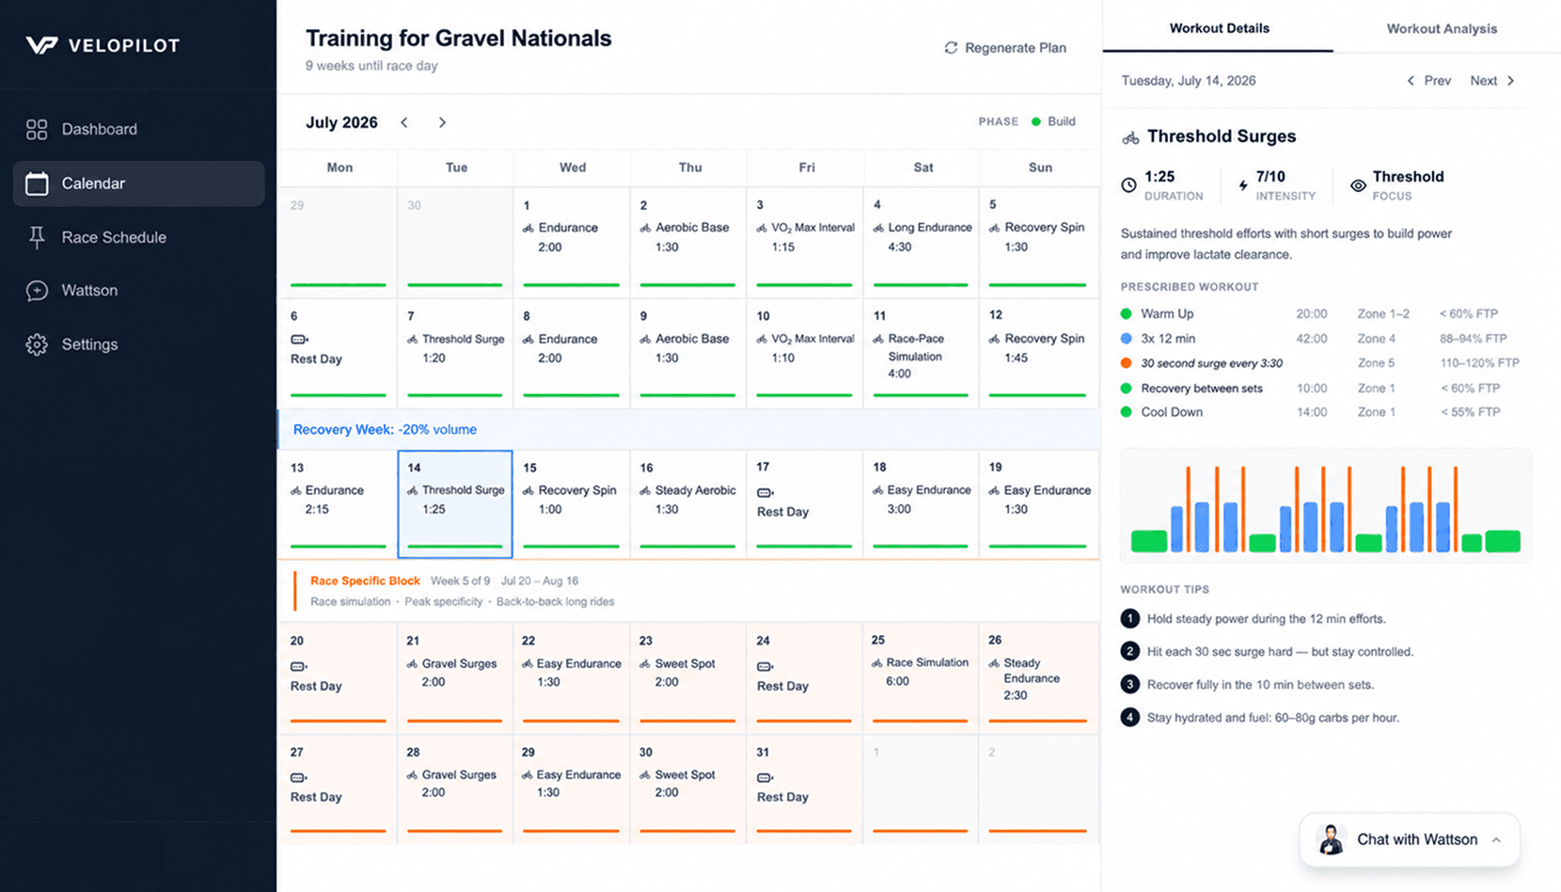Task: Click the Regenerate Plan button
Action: pyautogui.click(x=1005, y=47)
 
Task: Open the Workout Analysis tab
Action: pyautogui.click(x=1442, y=28)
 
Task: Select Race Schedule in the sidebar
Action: pyautogui.click(x=114, y=237)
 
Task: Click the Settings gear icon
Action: pyautogui.click(x=37, y=344)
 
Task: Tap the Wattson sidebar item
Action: pyautogui.click(x=89, y=290)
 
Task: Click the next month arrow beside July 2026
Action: pyautogui.click(x=442, y=122)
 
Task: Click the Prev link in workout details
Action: pyautogui.click(x=1429, y=81)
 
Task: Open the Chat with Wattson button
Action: pyautogui.click(x=1409, y=839)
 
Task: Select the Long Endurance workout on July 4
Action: pyautogui.click(x=922, y=237)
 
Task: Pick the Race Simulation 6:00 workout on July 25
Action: pyautogui.click(x=921, y=672)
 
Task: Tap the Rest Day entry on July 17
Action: pyautogui.click(x=782, y=502)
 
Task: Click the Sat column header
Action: pyautogui.click(x=923, y=167)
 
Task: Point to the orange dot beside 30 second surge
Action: pyautogui.click(x=1127, y=362)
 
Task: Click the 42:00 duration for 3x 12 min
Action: pyautogui.click(x=1312, y=338)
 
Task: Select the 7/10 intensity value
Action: pyautogui.click(x=1270, y=177)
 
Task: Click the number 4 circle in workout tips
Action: pyautogui.click(x=1129, y=717)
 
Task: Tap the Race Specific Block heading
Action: pyautogui.click(x=365, y=581)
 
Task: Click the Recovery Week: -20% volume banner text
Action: pyautogui.click(x=385, y=430)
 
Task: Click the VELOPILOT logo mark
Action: pyautogui.click(x=41, y=45)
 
